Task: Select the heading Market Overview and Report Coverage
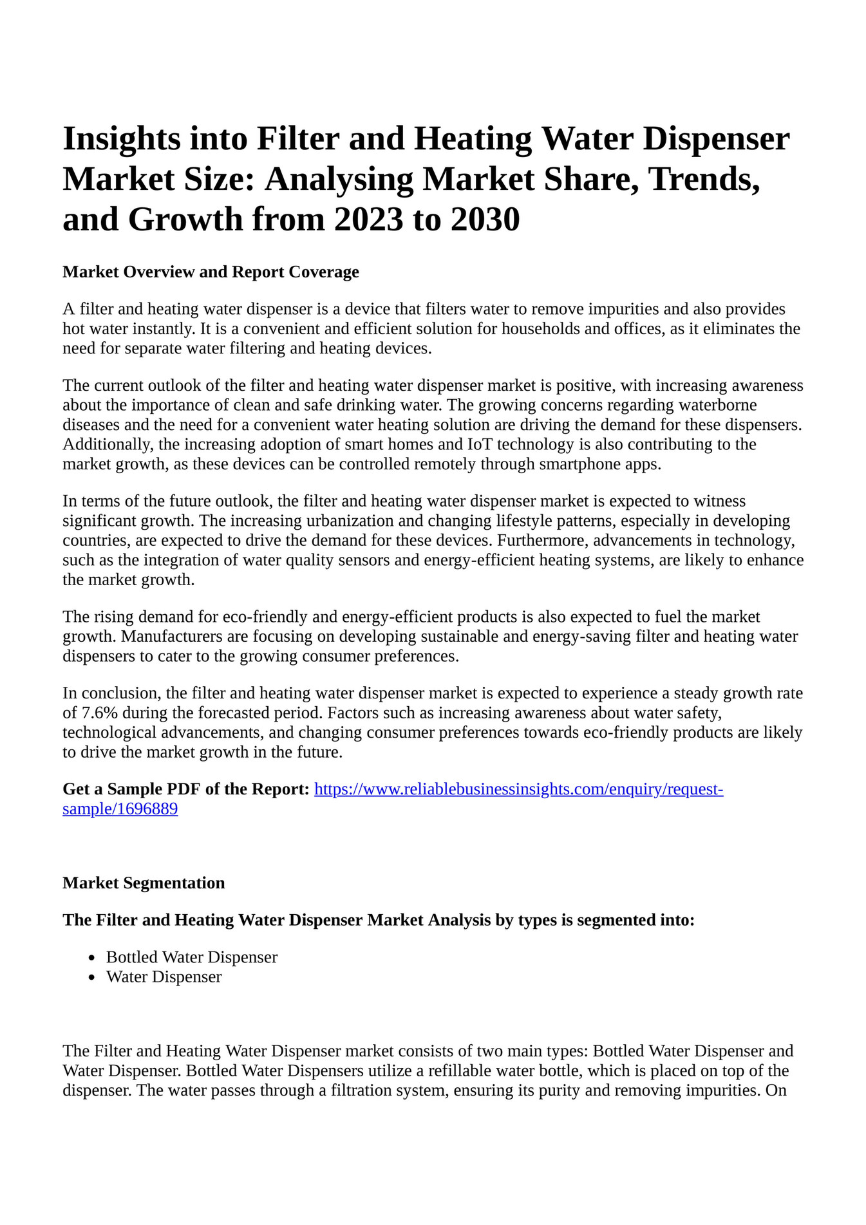point(211,272)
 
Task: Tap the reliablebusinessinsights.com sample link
point(518,789)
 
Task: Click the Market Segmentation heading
point(144,883)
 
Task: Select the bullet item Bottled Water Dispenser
point(192,957)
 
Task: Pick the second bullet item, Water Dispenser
point(164,977)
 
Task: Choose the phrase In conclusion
point(111,693)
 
